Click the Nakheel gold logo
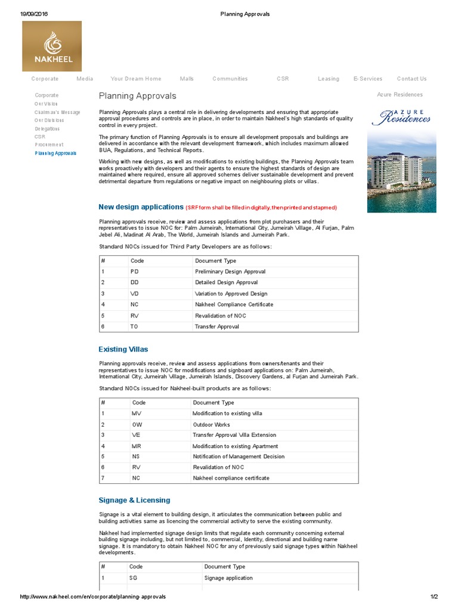[52, 46]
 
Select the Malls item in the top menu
[187, 79]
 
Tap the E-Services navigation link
[367, 79]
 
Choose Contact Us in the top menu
[411, 79]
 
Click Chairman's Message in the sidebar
[57, 112]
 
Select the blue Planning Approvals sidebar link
[55, 153]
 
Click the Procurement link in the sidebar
[49, 145]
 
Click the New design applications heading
[141, 207]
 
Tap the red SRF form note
[261, 208]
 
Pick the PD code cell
[135, 271]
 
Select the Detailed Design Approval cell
[226, 283]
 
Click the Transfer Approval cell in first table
[217, 327]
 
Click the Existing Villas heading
[123, 349]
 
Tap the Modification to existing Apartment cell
[235, 446]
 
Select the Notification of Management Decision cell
[239, 457]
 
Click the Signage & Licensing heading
[134, 500]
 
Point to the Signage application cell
[228, 578]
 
